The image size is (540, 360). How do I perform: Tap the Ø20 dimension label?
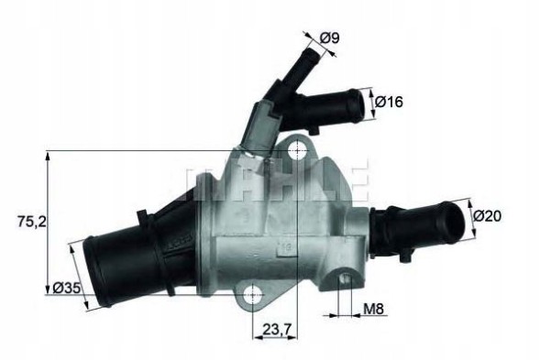[x=490, y=216]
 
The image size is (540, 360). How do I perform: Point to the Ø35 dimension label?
[x=66, y=288]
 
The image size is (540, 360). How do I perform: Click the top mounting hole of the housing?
[x=297, y=146]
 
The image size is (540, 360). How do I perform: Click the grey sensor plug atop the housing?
[x=259, y=124]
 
